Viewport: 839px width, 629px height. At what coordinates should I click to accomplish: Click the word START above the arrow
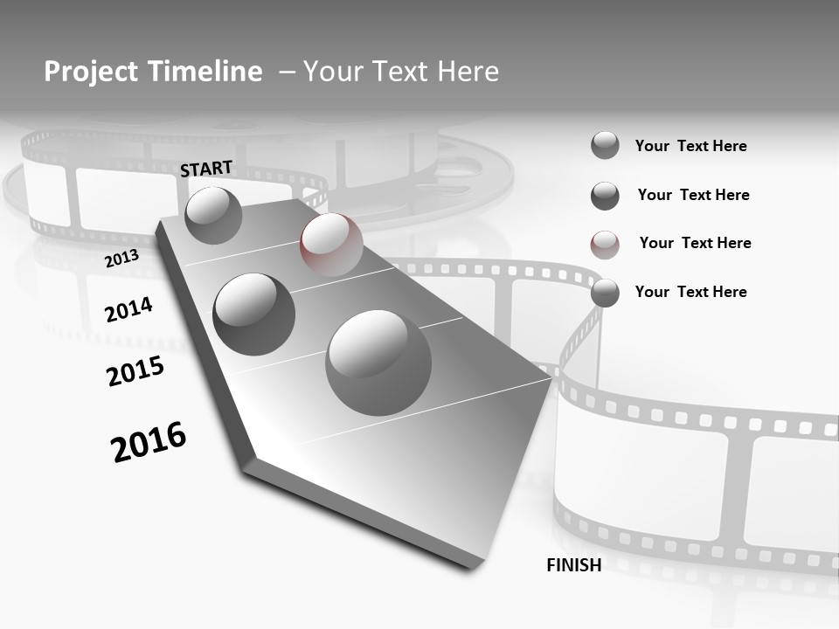coord(206,169)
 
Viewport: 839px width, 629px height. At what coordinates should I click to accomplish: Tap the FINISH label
coord(574,565)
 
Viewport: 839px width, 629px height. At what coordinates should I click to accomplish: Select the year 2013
coord(121,259)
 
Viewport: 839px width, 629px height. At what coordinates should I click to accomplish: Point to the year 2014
coord(128,309)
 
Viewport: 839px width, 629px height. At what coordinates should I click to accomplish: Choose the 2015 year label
coord(135,371)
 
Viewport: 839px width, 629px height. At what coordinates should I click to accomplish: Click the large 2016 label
coord(149,441)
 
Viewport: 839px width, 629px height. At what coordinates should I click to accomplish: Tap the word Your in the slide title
coord(329,72)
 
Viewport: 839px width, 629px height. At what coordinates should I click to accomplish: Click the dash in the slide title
coord(287,72)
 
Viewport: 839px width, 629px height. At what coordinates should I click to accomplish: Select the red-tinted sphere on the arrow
coord(331,245)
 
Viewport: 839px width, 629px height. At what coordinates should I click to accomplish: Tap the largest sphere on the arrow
coord(378,363)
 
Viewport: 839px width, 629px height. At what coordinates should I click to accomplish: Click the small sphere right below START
coord(213,215)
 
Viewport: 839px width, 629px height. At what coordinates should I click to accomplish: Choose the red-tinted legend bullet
coord(605,245)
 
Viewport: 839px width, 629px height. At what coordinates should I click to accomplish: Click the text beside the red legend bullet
coord(695,243)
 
